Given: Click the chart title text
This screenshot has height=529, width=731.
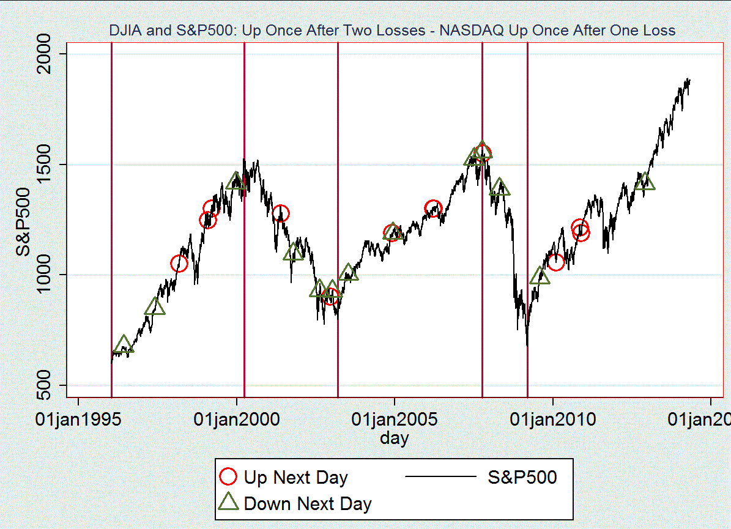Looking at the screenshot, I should tap(391, 30).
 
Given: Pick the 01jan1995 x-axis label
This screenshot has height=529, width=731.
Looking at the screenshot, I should tap(78, 420).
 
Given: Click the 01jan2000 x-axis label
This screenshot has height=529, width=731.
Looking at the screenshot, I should tap(237, 420).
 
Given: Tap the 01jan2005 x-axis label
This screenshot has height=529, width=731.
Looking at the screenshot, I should tap(395, 420).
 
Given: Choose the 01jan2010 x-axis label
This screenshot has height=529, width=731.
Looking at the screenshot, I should tap(552, 420).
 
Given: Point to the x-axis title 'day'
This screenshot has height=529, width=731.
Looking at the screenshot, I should tap(395, 438).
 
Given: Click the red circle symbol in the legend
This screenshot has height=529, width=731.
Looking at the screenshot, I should tap(229, 477).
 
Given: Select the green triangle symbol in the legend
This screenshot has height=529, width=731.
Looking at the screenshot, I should tap(229, 503).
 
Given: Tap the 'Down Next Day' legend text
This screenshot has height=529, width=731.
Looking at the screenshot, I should tap(308, 503).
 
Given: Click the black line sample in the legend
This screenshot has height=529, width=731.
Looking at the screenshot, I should tap(440, 477).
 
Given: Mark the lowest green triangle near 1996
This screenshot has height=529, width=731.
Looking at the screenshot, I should tap(124, 346).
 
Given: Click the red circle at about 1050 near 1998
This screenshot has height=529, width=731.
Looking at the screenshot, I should tap(179, 264).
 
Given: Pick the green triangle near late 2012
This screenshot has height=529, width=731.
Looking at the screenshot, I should tap(645, 182).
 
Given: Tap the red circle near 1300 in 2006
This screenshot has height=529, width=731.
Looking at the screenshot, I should tap(433, 208).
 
